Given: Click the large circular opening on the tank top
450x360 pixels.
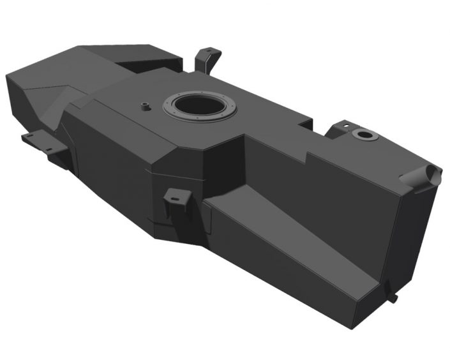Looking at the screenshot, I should pyautogui.click(x=199, y=105).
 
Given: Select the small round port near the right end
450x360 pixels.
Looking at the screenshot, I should pyautogui.click(x=365, y=135).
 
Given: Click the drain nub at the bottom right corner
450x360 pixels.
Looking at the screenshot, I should pyautogui.click(x=394, y=297).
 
